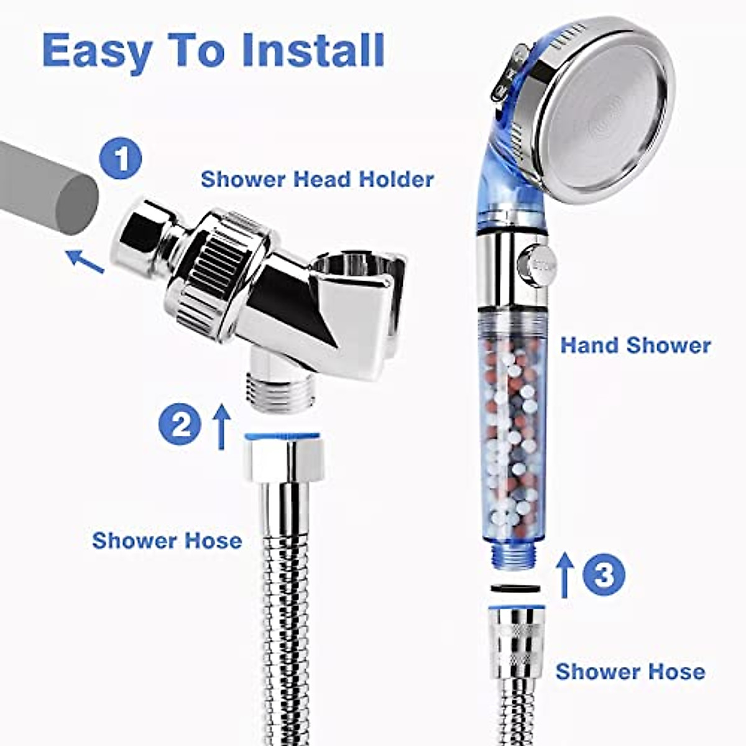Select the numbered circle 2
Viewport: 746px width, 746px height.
(x=180, y=425)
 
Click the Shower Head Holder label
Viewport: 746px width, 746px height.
(x=317, y=179)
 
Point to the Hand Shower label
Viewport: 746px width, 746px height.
(x=635, y=345)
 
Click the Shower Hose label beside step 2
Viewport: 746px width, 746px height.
(x=167, y=540)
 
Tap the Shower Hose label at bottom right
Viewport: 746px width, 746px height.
(x=630, y=671)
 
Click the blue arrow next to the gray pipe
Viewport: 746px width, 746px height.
(x=85, y=260)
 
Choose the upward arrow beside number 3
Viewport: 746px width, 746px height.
(x=564, y=575)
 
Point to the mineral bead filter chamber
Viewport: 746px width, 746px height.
(x=513, y=441)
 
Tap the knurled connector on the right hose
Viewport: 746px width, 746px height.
(x=517, y=640)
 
